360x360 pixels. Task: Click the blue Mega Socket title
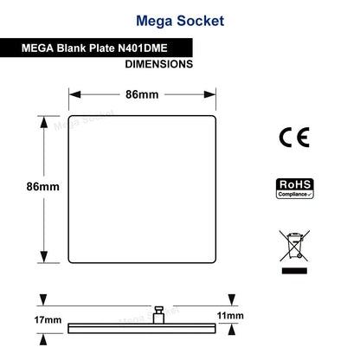click(x=180, y=21)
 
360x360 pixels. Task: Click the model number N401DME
click(x=143, y=48)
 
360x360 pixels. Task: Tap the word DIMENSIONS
click(x=159, y=64)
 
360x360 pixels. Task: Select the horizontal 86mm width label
click(x=142, y=94)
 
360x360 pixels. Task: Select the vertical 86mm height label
click(x=43, y=187)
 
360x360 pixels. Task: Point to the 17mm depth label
click(x=48, y=320)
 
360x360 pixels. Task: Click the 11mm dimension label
click(x=230, y=316)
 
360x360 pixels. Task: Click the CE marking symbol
click(x=294, y=138)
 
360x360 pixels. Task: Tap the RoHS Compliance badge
click(x=295, y=189)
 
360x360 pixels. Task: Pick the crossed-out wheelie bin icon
click(x=294, y=246)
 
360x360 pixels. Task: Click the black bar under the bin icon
click(x=294, y=271)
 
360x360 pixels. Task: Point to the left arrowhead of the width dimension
click(x=75, y=94)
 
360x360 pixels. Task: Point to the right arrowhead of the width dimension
click(x=209, y=94)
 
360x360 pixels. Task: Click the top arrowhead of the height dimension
click(x=44, y=122)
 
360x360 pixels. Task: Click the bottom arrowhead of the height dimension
click(x=44, y=257)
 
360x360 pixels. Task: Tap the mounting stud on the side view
click(x=158, y=315)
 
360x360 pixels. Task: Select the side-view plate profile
click(x=142, y=329)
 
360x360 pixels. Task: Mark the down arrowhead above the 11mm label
click(x=232, y=299)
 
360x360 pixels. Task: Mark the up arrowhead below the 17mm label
click(x=43, y=339)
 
